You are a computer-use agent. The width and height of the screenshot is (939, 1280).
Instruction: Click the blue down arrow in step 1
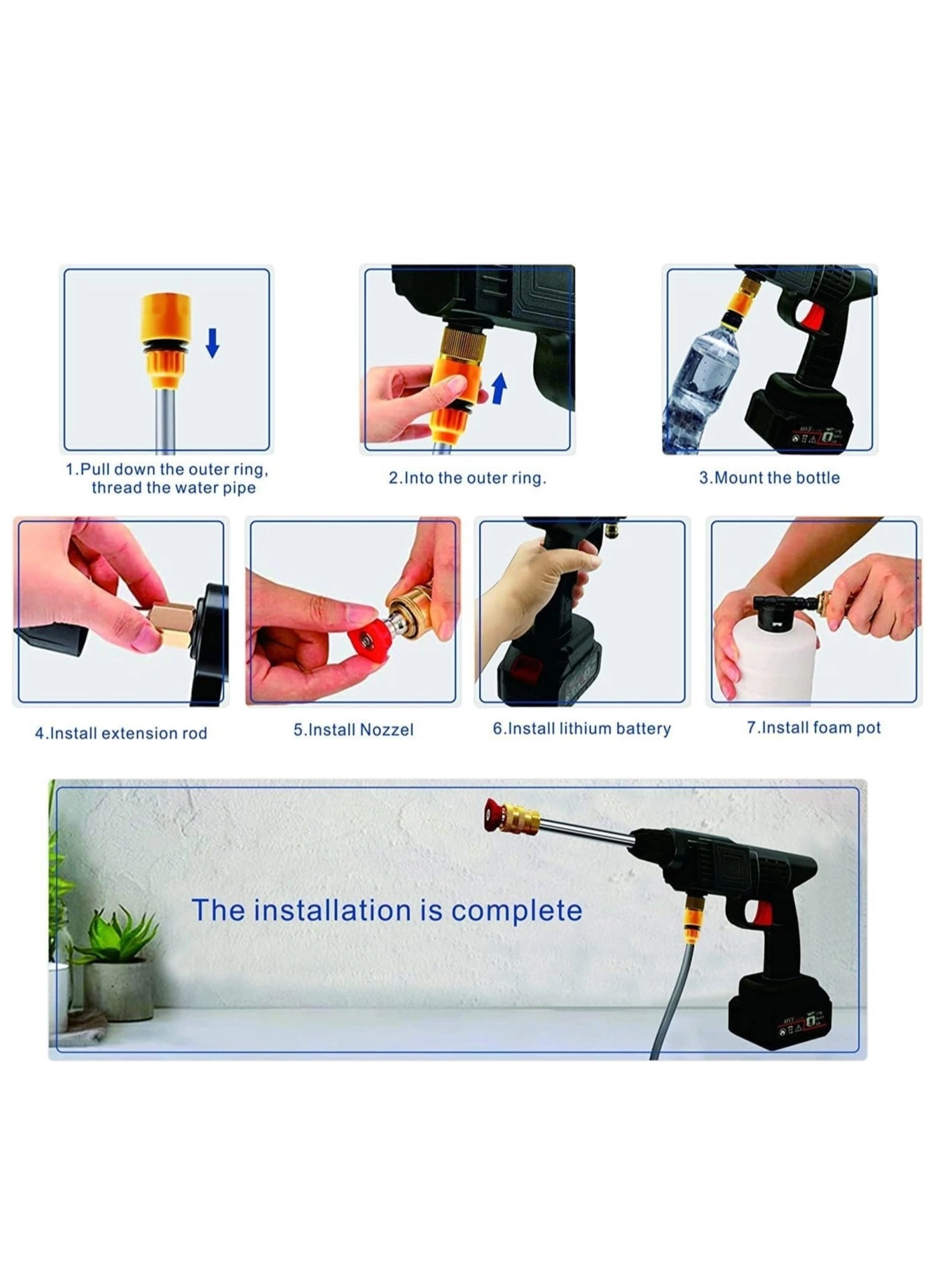point(213,343)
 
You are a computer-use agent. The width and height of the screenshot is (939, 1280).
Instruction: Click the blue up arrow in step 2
point(499,389)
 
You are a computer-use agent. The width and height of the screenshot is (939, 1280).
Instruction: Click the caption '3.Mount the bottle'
point(769,477)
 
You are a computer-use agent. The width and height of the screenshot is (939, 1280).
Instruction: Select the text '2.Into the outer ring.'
point(467,478)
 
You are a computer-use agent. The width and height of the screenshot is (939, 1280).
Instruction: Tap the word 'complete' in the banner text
point(516,911)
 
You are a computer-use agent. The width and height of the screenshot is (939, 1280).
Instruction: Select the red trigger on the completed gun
point(762,913)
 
